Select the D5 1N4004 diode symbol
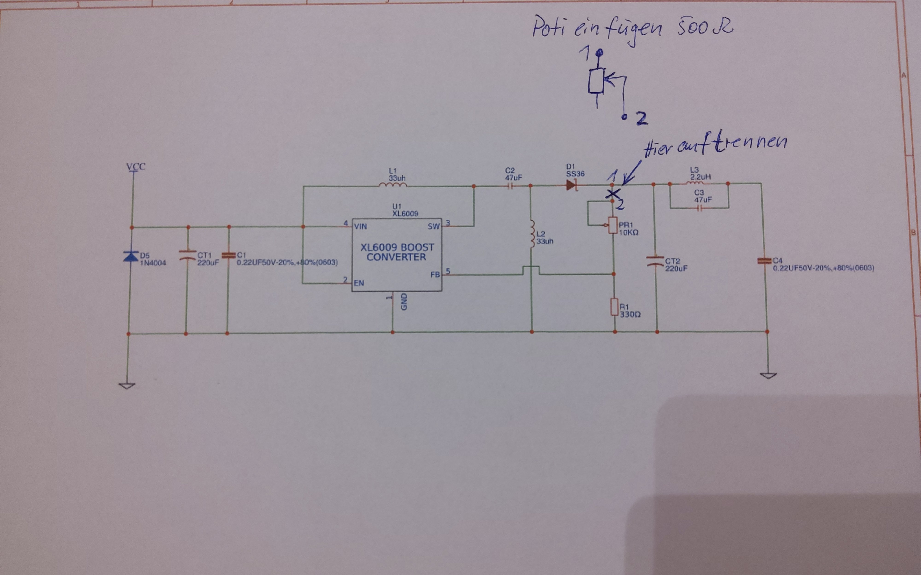pyautogui.click(x=131, y=256)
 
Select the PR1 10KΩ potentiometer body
pyautogui.click(x=612, y=225)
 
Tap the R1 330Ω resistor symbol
pyautogui.click(x=614, y=307)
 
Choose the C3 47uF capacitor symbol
pyautogui.click(x=699, y=208)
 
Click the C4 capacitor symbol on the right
pyautogui.click(x=762, y=261)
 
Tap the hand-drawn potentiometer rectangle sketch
pyautogui.click(x=596, y=81)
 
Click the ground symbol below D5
pyautogui.click(x=127, y=386)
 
